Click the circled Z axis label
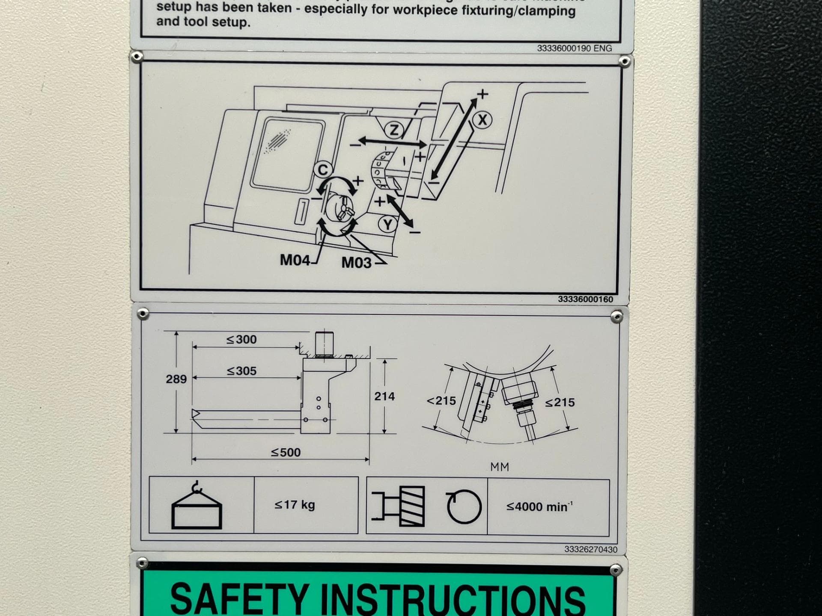click(x=393, y=130)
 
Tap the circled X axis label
click(x=482, y=120)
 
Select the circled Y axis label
click(x=388, y=224)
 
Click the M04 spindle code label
click(x=295, y=260)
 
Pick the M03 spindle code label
click(x=356, y=262)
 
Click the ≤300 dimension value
click(x=241, y=340)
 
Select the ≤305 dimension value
click(x=241, y=371)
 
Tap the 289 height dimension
click(x=176, y=379)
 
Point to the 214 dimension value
click(x=384, y=397)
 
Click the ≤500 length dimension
click(x=286, y=452)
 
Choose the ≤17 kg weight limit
click(x=295, y=505)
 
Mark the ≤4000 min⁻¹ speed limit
click(x=539, y=507)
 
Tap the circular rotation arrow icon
click(x=464, y=507)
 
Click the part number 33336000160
click(x=585, y=299)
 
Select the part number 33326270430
click(x=590, y=549)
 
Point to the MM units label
click(x=500, y=467)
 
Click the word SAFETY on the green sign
click(x=239, y=599)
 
